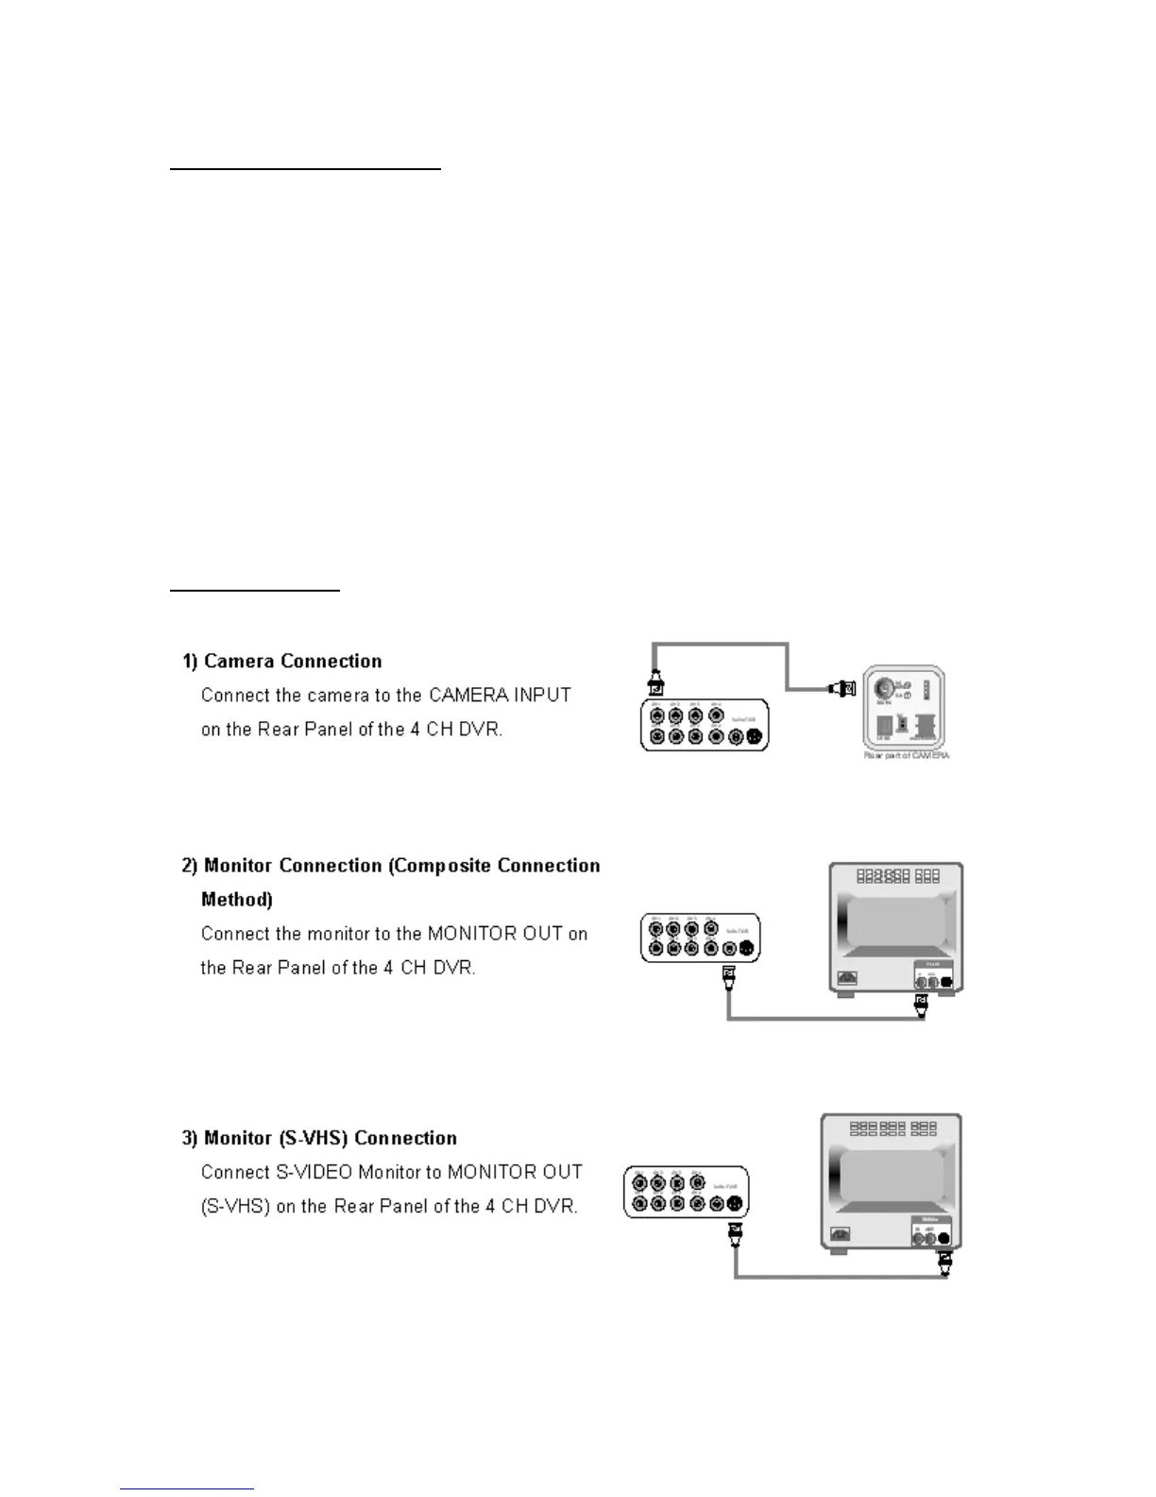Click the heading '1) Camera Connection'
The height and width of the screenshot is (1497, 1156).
(x=282, y=662)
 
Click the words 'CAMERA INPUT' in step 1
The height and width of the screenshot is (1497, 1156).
(x=500, y=696)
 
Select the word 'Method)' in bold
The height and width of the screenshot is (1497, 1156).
(x=237, y=900)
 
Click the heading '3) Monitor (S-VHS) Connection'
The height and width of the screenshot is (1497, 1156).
(x=319, y=1138)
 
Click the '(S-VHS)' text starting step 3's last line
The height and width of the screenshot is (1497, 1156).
(x=235, y=1206)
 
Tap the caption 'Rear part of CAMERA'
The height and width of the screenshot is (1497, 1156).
(x=906, y=755)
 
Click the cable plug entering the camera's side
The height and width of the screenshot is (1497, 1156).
(x=843, y=689)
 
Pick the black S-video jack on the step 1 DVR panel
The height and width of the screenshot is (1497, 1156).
(x=754, y=737)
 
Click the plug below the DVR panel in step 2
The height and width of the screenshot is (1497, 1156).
(x=727, y=977)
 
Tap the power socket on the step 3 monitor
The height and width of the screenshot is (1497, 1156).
(x=839, y=1233)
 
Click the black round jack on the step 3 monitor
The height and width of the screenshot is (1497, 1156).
(x=943, y=1238)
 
